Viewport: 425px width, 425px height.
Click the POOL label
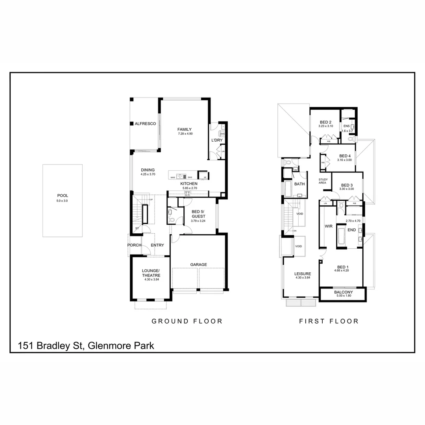(63, 195)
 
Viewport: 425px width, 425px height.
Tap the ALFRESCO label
(145, 124)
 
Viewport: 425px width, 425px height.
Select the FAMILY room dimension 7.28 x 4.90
(185, 134)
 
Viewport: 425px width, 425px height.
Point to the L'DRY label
(217, 140)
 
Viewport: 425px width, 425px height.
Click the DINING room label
(148, 170)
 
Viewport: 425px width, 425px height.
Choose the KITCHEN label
(189, 184)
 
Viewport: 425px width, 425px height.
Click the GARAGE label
(199, 264)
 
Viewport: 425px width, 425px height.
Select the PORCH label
(134, 245)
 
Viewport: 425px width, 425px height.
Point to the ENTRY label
(157, 245)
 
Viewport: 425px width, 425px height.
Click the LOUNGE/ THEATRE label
(151, 273)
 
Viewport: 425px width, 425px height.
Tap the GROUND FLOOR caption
(187, 321)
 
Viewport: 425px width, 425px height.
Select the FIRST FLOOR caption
(329, 321)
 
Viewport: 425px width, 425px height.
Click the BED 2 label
(325, 122)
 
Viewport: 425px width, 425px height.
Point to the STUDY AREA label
(323, 181)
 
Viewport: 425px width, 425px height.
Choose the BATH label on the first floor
(299, 184)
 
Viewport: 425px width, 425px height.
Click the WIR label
(329, 226)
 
